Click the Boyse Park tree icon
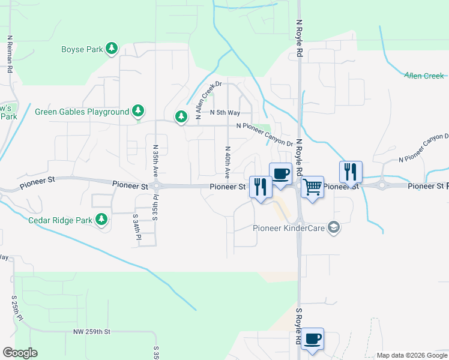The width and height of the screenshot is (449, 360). click(112, 49)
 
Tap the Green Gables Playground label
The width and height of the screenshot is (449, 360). click(82, 112)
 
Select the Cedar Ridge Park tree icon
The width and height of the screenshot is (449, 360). click(102, 220)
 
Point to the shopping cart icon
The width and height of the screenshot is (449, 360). click(312, 187)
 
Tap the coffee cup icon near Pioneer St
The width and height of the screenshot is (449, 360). click(281, 173)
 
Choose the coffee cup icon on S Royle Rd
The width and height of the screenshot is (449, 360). click(312, 338)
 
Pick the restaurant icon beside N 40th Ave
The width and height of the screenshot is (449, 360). click(261, 187)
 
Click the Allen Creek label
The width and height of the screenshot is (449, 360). click(424, 76)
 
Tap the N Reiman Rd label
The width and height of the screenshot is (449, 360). click(10, 53)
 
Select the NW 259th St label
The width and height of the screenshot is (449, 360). click(92, 331)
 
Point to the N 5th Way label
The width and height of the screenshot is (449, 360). click(225, 113)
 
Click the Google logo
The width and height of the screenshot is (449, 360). click(20, 353)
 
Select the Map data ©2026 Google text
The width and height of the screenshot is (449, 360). click(412, 355)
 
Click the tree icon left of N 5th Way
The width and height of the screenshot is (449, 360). click(181, 116)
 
